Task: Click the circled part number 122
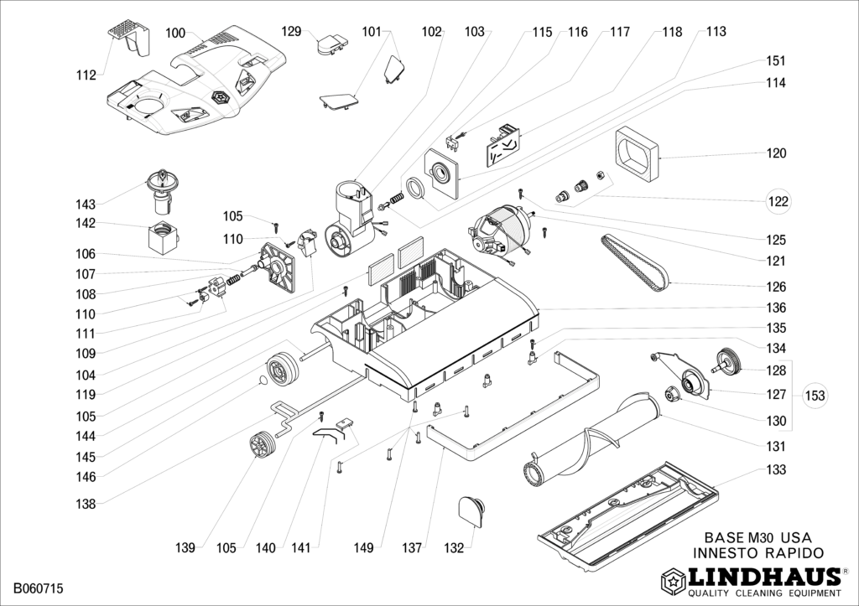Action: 778,201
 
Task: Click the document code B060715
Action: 39,590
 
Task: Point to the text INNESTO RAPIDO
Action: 758,552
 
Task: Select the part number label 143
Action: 86,205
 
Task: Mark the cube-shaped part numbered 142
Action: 163,237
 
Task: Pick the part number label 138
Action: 86,505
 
